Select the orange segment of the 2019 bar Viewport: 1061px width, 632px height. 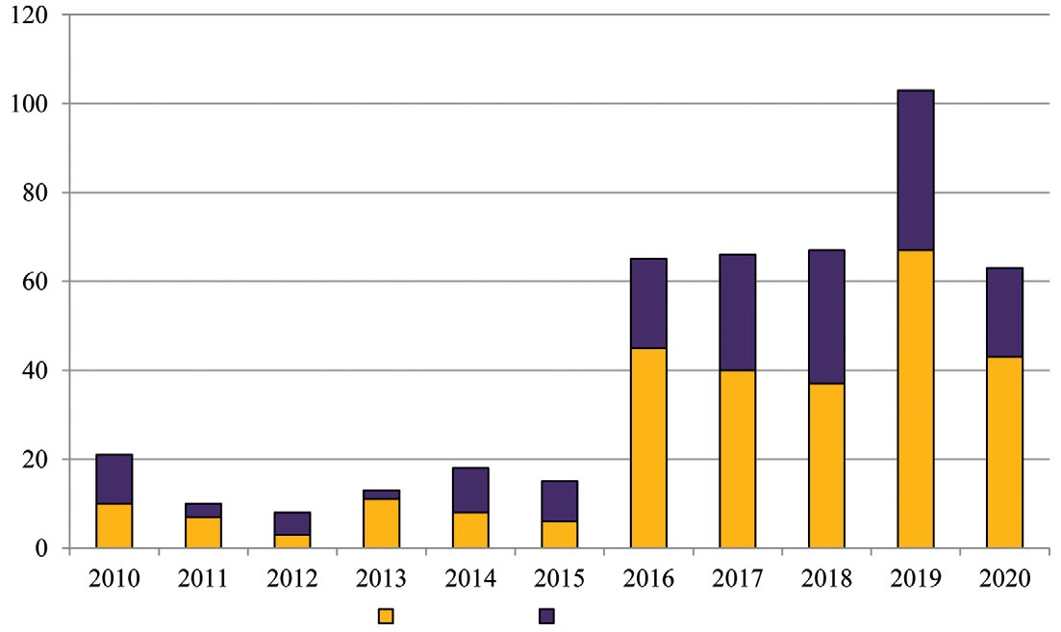point(915,399)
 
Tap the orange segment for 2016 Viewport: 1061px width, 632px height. point(648,447)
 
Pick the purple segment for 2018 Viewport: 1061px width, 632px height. point(826,316)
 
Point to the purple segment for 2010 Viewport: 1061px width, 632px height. point(114,479)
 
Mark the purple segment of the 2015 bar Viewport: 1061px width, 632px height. point(560,501)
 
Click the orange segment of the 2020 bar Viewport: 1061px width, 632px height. point(1004,452)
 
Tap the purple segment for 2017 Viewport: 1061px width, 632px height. point(738,312)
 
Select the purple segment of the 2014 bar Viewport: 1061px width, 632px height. point(470,491)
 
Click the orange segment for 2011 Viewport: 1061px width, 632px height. point(204,532)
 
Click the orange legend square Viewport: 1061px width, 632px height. point(386,616)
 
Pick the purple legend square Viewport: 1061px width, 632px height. point(546,616)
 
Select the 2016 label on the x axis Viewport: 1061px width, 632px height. point(648,579)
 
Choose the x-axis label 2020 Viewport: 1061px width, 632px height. point(1004,579)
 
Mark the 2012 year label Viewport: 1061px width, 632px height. point(292,579)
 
